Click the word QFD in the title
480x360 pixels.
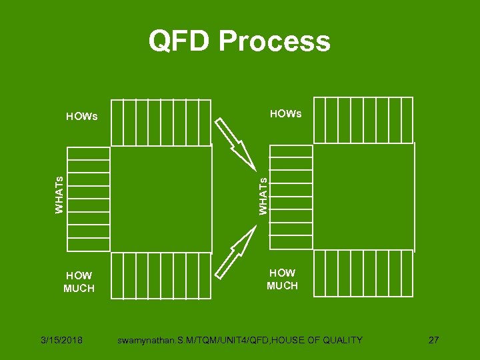(178, 41)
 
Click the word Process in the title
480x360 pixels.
(274, 41)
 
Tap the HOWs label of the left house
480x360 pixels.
(81, 117)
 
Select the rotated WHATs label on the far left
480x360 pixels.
(59, 194)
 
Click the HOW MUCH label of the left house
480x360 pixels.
(79, 282)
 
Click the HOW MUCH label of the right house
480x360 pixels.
(282, 279)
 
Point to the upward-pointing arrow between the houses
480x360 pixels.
(237, 249)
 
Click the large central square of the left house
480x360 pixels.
(161, 199)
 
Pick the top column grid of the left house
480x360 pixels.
(161, 122)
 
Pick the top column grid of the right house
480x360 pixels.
(363, 119)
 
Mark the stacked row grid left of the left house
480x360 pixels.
(89, 199)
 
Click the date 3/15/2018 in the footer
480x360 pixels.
(61, 340)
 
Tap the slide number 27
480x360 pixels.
(433, 340)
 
